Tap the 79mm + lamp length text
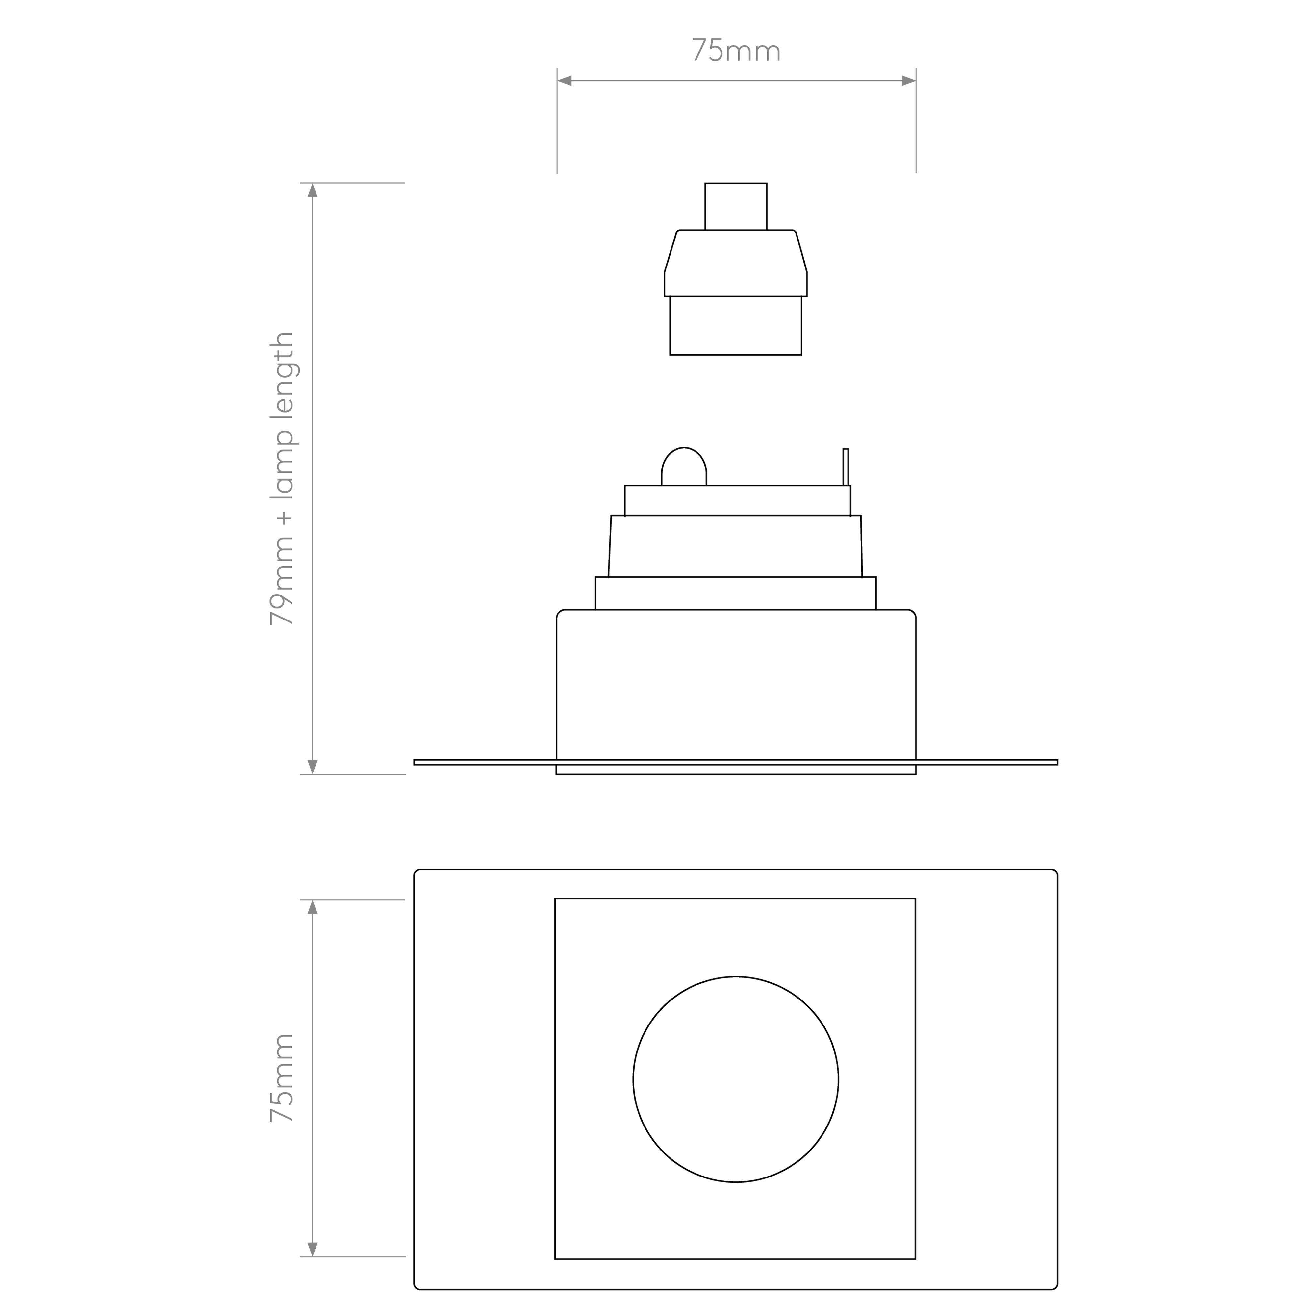point(282,479)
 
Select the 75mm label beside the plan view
point(282,1078)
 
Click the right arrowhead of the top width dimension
point(909,81)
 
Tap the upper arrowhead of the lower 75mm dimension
point(313,907)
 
